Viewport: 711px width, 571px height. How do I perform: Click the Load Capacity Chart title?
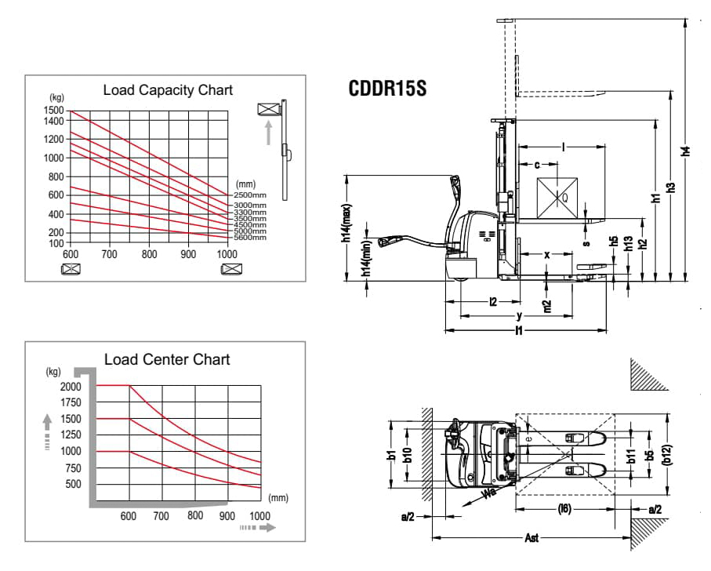click(168, 90)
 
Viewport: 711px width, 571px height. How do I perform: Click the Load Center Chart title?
click(167, 359)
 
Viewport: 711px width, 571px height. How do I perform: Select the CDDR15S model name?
click(386, 89)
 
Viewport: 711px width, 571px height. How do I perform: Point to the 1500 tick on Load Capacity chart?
click(55, 111)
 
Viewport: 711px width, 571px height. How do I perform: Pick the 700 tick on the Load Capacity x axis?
click(109, 254)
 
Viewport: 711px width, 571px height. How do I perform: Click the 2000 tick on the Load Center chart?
click(70, 386)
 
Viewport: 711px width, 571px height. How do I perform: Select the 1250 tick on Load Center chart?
click(70, 435)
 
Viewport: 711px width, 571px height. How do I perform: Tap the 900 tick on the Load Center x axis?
click(227, 515)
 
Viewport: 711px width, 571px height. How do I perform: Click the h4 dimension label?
click(686, 151)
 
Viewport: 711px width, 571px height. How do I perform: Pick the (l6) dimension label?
click(564, 510)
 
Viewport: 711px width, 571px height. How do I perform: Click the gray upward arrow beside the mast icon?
click(269, 132)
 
